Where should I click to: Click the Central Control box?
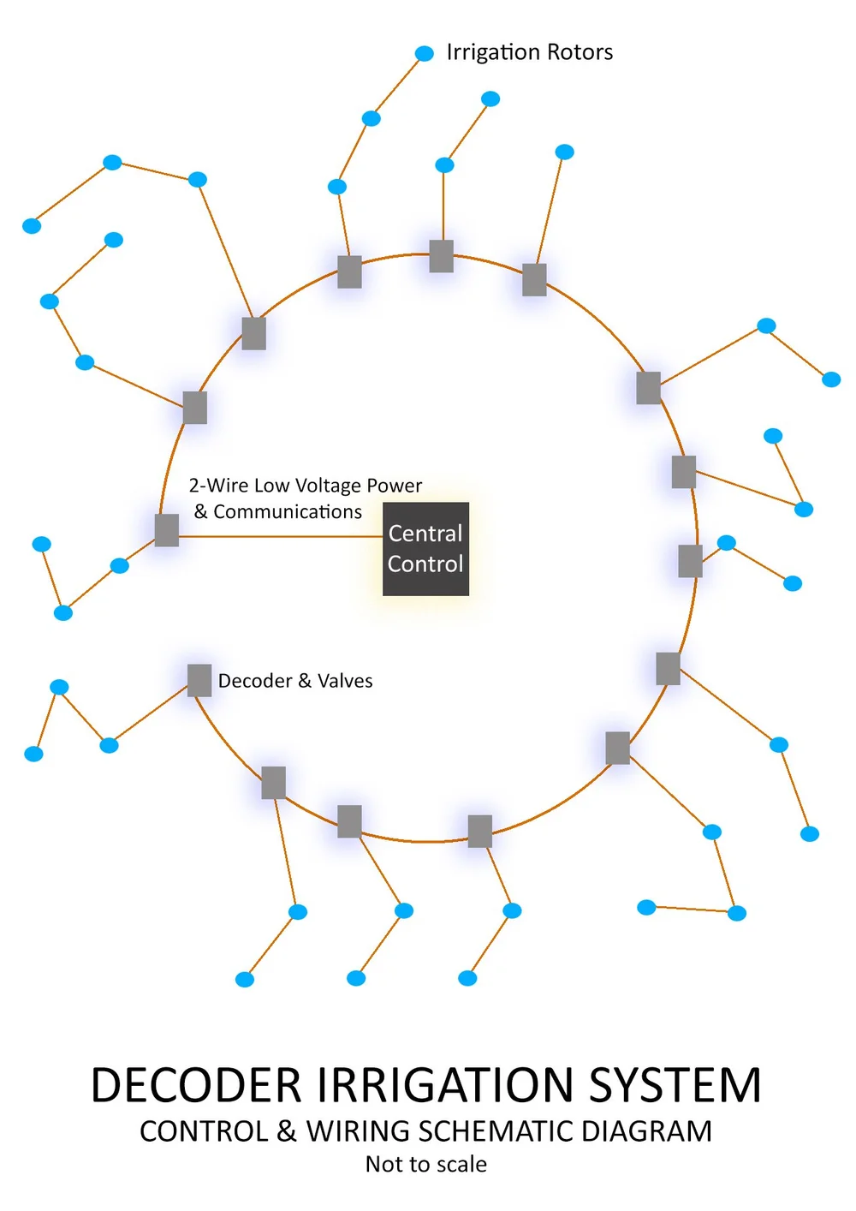click(425, 549)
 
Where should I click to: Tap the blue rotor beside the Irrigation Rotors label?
click(425, 53)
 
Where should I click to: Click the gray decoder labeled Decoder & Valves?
click(199, 680)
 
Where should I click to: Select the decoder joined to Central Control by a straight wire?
click(166, 530)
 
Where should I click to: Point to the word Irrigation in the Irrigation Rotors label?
click(493, 52)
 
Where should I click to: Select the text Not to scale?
click(425, 1164)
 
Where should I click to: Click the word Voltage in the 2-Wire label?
click(327, 486)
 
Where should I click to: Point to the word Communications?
click(288, 511)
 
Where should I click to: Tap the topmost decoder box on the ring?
click(441, 256)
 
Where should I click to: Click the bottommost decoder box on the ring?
click(480, 832)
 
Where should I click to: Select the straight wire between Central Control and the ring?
click(281, 537)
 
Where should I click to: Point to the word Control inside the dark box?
click(425, 564)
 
